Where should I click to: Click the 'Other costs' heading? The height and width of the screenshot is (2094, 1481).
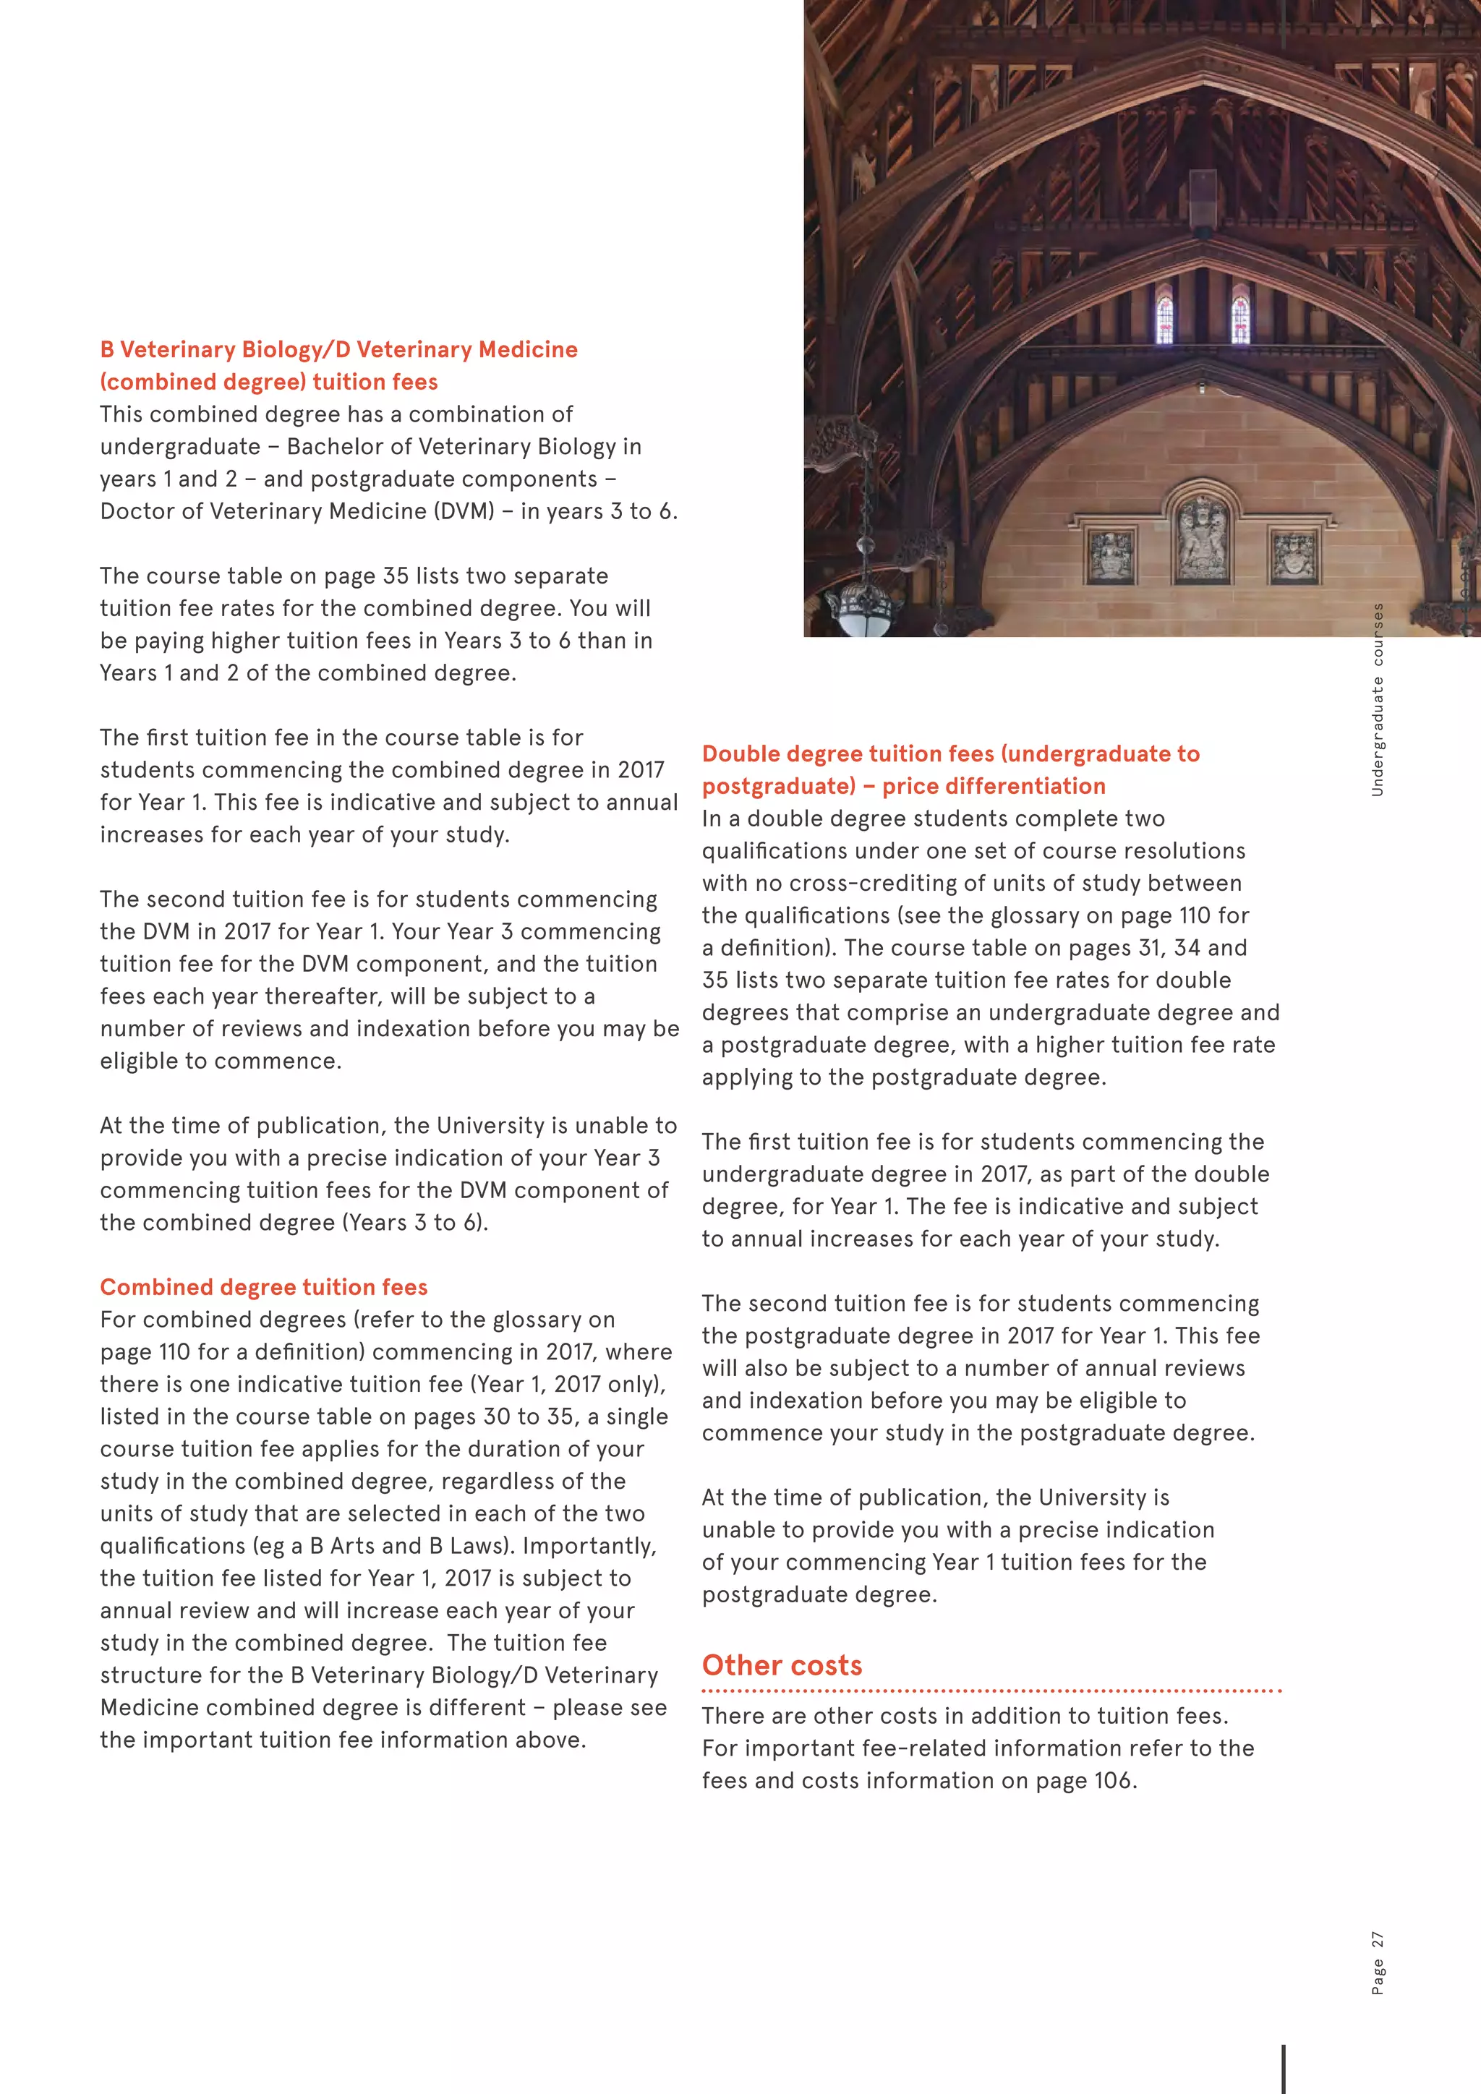(782, 1665)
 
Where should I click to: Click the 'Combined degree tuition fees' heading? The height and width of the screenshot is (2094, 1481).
(263, 1287)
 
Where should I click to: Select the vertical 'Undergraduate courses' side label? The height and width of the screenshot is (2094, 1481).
(1377, 699)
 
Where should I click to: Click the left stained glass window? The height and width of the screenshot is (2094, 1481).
(1164, 318)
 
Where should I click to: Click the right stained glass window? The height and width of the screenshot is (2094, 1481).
(1239, 318)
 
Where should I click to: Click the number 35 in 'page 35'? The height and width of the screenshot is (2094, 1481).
(396, 576)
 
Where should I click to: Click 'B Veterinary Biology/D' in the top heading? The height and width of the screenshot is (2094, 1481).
(225, 349)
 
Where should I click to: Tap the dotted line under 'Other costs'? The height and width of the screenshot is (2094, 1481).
(991, 1691)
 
